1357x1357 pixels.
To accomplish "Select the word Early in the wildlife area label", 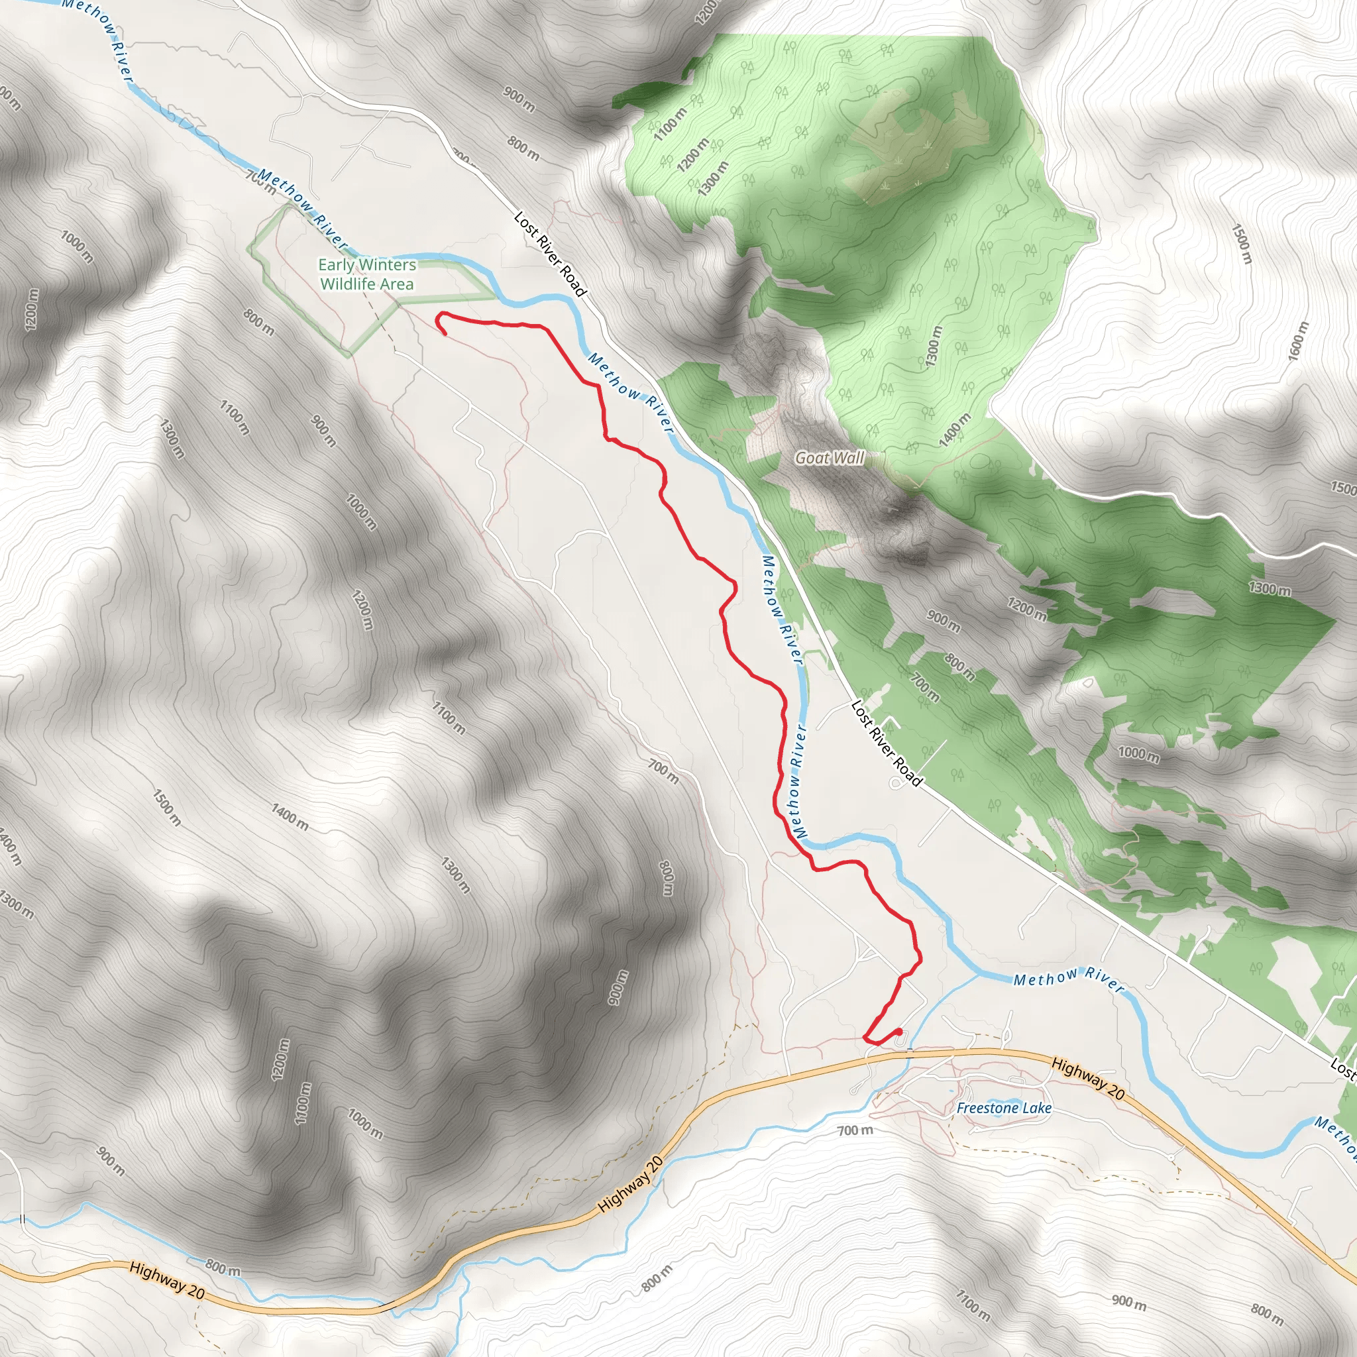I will point(336,265).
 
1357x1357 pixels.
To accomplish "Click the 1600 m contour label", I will point(1299,341).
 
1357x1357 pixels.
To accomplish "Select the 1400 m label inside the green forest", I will point(955,430).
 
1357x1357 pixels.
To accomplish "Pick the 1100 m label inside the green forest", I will point(670,125).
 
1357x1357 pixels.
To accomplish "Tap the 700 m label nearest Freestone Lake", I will point(855,1130).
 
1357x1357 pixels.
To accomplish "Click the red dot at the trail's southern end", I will point(898,1031).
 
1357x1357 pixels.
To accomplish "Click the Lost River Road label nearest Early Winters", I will point(550,254).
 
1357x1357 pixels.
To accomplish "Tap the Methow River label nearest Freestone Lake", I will point(1068,978).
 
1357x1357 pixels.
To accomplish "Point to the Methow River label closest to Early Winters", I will point(303,209).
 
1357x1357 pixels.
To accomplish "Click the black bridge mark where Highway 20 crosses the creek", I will point(909,1052).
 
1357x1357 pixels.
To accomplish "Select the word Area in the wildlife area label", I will point(397,284).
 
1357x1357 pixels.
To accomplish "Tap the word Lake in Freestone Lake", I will point(1038,1108).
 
